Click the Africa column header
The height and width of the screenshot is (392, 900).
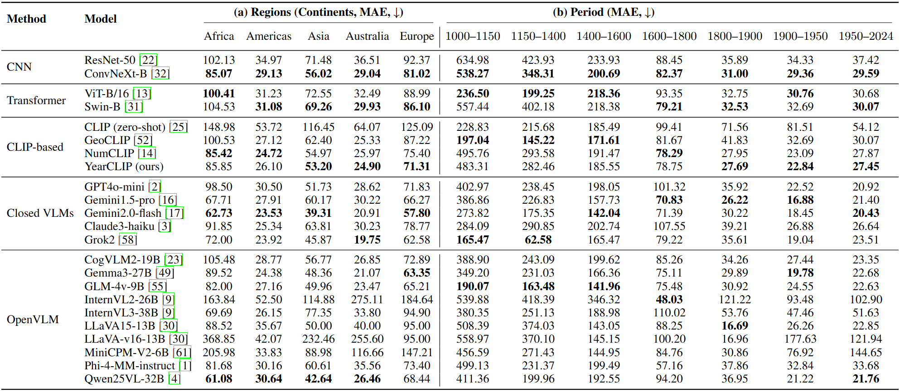click(219, 36)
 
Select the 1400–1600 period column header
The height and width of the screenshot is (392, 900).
click(604, 36)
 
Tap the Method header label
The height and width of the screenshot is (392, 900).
click(26, 19)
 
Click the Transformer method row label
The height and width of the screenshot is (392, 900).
click(36, 100)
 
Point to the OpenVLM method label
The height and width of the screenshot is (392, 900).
click(33, 320)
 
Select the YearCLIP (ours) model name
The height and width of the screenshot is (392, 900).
click(124, 167)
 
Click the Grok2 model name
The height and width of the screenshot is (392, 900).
click(100, 239)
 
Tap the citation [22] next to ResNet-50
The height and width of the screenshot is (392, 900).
click(148, 60)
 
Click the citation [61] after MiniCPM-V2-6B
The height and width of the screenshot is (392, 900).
click(182, 353)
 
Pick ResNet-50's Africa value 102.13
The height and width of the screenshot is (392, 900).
click(219, 60)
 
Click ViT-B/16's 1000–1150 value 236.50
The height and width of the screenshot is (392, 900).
click(473, 94)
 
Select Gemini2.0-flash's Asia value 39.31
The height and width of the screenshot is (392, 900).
click(318, 213)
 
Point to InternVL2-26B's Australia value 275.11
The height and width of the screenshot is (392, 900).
click(367, 300)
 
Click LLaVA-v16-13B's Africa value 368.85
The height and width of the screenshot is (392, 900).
click(219, 339)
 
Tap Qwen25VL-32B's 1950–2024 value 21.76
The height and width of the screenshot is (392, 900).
click(866, 379)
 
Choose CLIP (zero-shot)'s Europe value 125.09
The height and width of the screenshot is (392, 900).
click(416, 127)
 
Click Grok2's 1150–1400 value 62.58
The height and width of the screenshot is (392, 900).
click(538, 239)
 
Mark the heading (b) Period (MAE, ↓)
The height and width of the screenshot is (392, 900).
click(603, 12)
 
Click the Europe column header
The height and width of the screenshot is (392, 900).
click(416, 36)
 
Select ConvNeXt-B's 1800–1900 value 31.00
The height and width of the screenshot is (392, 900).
click(735, 74)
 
